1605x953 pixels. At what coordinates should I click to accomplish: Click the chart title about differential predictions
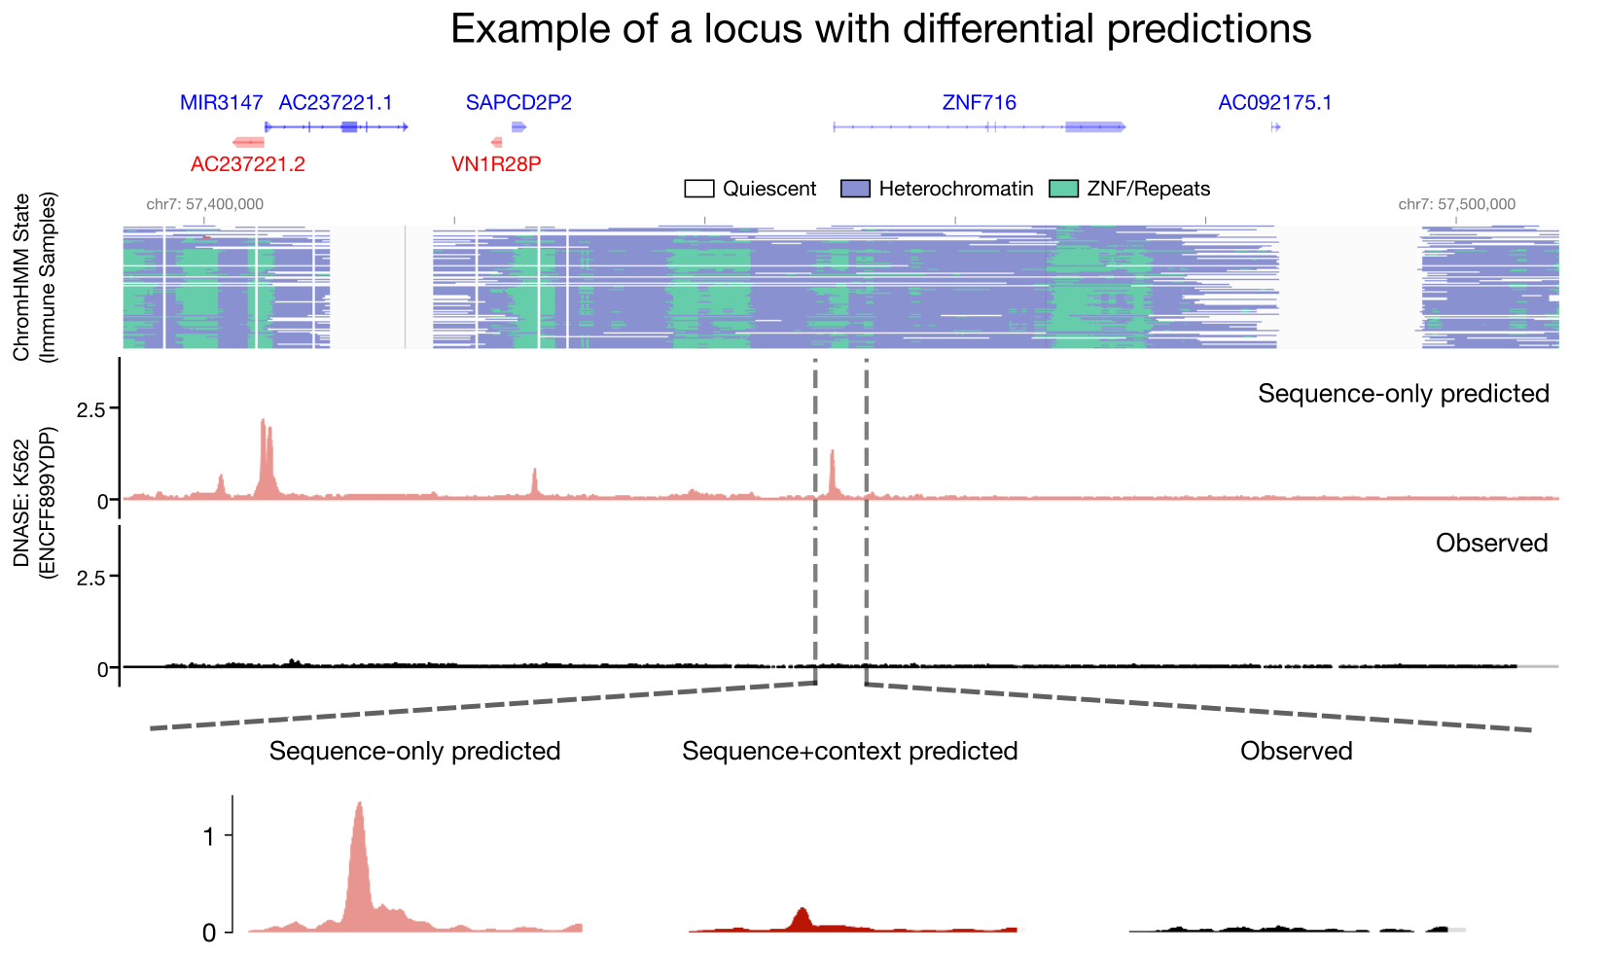[880, 29]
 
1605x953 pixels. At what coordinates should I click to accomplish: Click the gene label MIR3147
[221, 103]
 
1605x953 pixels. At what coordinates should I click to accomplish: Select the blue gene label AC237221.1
[336, 103]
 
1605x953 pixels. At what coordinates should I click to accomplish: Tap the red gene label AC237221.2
[247, 164]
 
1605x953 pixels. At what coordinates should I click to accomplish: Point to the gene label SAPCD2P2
[518, 103]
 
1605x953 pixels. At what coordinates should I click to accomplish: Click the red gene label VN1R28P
[496, 164]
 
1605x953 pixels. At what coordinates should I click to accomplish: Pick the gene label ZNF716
[979, 103]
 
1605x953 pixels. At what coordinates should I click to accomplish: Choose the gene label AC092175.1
[1274, 103]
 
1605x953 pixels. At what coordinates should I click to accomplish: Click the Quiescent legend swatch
[699, 189]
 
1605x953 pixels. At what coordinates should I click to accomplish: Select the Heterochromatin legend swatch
[855, 189]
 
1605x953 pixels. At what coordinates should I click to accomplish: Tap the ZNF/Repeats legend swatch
[1064, 189]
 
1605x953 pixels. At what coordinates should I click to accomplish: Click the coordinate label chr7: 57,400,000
[204, 204]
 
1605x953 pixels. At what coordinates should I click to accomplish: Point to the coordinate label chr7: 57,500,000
[1456, 204]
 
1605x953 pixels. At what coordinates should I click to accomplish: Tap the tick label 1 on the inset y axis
[208, 835]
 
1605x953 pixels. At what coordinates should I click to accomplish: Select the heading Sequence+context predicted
[849, 751]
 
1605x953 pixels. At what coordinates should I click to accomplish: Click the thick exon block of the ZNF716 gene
[1094, 127]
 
